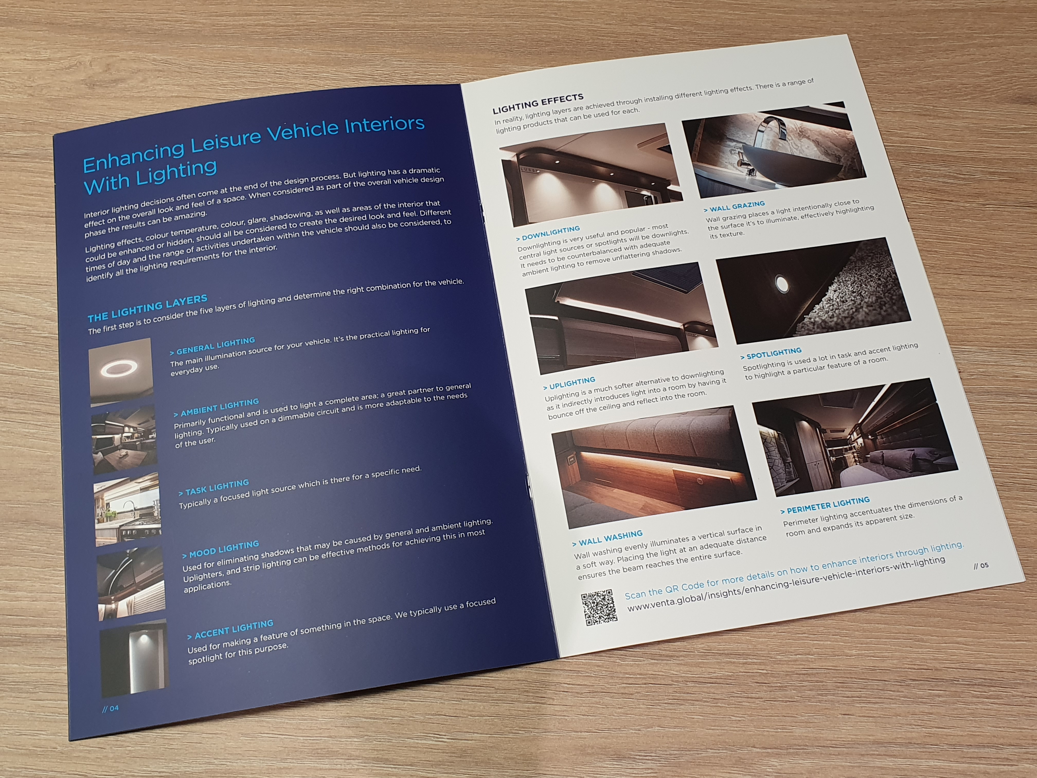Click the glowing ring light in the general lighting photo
(119, 368)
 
